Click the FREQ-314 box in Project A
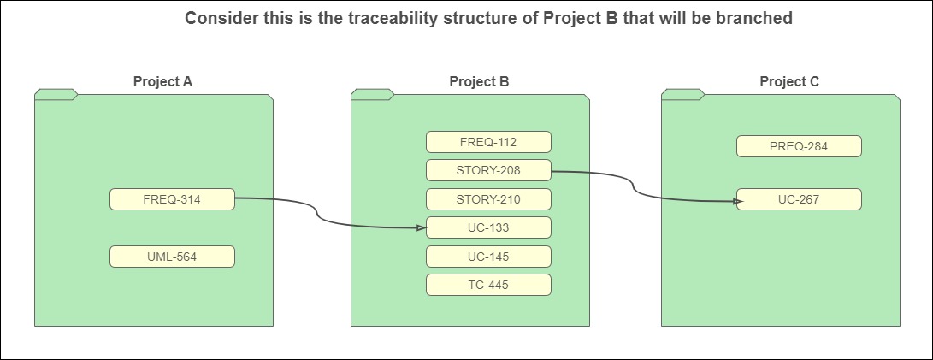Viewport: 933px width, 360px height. click(172, 199)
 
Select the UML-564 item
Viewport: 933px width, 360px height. click(172, 257)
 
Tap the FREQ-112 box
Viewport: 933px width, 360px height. click(488, 142)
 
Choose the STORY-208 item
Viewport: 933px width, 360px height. click(488, 170)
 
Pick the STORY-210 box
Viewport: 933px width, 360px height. click(488, 199)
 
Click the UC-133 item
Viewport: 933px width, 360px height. click(488, 227)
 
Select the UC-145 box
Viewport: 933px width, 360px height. click(488, 257)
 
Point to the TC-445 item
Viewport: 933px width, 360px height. click(488, 285)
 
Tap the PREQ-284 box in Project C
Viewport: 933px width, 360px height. click(799, 146)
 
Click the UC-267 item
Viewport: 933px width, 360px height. click(799, 199)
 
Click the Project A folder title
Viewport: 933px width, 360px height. click(162, 81)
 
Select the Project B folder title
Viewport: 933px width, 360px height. click(479, 81)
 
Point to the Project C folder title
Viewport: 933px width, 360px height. click(789, 81)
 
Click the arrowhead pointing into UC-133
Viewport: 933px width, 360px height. click(422, 227)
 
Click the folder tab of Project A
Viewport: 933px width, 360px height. click(56, 94)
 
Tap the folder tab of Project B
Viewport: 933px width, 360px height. click(373, 94)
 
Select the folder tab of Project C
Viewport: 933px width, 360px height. click(683, 94)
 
